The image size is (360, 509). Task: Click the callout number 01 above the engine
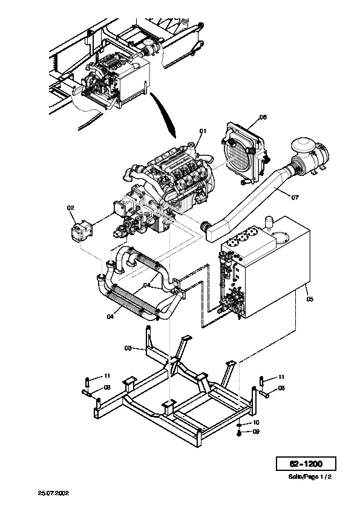coord(203,131)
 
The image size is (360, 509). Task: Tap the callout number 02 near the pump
coord(71,208)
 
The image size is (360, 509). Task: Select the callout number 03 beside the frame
coord(128,348)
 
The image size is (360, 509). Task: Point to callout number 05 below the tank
coord(310,299)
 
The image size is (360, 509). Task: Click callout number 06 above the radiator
coord(263,117)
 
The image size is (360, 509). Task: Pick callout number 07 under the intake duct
coord(295,197)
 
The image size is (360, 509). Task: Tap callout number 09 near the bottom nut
coord(256,432)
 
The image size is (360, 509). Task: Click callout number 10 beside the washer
coord(256,423)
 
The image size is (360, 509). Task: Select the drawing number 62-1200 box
coord(306,464)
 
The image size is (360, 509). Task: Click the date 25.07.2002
coord(54,493)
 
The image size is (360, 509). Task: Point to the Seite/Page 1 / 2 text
coord(310,477)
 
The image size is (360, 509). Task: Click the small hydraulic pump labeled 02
coord(81,231)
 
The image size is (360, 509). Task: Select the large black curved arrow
coord(164,114)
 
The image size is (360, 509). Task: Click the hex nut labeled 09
coord(239,433)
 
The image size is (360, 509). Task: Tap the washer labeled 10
coord(239,424)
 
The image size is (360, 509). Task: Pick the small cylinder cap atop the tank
coord(269,222)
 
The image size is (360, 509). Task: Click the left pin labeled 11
coord(88,380)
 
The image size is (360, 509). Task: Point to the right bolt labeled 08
coord(264,394)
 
